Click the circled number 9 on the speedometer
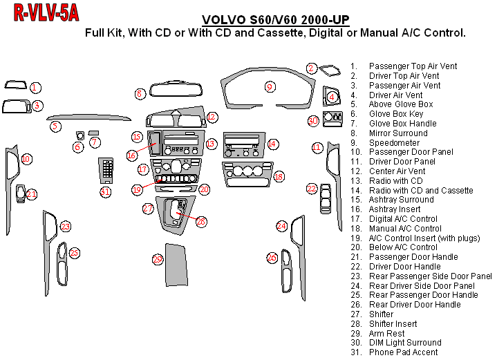pyautogui.click(x=270, y=86)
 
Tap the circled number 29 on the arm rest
pyautogui.click(x=158, y=259)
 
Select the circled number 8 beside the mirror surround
pyautogui.click(x=140, y=93)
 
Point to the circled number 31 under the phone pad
pyautogui.click(x=105, y=191)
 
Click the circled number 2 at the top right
pyautogui.click(x=312, y=68)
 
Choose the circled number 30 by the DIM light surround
pyautogui.click(x=313, y=121)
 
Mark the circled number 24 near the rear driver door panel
pyautogui.click(x=281, y=226)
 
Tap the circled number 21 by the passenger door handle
pyautogui.click(x=32, y=194)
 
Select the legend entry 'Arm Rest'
pyautogui.click(x=387, y=333)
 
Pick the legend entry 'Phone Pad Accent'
pyautogui.click(x=403, y=352)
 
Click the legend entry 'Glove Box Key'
pyautogui.click(x=395, y=114)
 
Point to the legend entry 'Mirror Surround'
pyautogui.click(x=398, y=133)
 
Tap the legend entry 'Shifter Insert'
pyautogui.click(x=393, y=323)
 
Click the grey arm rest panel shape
pyautogui.click(x=177, y=265)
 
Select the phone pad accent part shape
pyautogui.click(x=106, y=170)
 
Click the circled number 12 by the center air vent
pyautogui.click(x=212, y=117)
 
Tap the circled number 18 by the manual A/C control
pyautogui.click(x=279, y=177)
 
